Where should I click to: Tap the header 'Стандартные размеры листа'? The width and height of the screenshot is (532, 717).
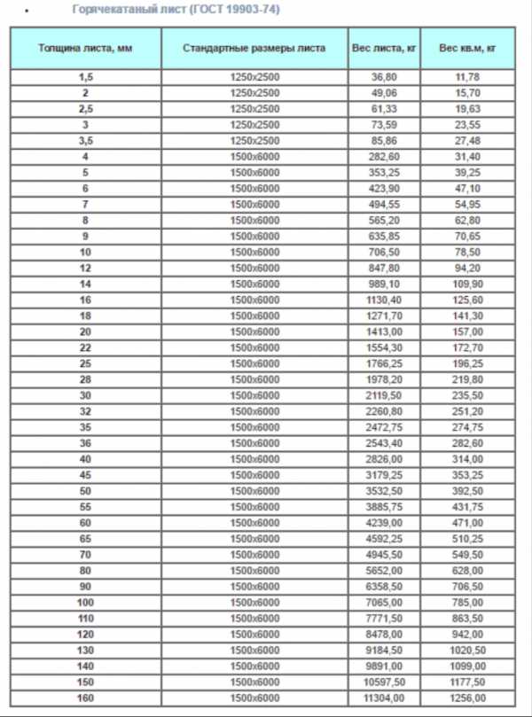pyautogui.click(x=254, y=48)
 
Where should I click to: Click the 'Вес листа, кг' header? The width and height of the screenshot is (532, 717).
pyautogui.click(x=384, y=48)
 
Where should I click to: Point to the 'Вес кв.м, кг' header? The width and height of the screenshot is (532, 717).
pyautogui.click(x=466, y=48)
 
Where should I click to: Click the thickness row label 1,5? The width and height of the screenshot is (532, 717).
pyautogui.click(x=85, y=77)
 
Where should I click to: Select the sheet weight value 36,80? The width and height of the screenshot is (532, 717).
pyautogui.click(x=384, y=77)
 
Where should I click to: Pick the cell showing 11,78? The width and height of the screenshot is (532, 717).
pyautogui.click(x=466, y=77)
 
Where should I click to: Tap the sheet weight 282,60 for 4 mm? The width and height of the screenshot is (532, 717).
pyautogui.click(x=384, y=157)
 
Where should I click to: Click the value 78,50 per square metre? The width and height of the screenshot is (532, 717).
pyautogui.click(x=466, y=253)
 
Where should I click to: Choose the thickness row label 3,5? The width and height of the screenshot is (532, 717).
pyautogui.click(x=85, y=141)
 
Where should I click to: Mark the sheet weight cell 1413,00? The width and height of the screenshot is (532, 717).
pyautogui.click(x=384, y=332)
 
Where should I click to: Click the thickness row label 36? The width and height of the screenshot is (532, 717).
pyautogui.click(x=85, y=443)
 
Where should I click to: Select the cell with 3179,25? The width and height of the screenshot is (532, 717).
pyautogui.click(x=384, y=475)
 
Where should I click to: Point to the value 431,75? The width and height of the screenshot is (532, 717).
pyautogui.click(x=466, y=507)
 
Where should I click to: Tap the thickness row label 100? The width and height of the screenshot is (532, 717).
pyautogui.click(x=85, y=603)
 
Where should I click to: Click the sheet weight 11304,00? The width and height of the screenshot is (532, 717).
pyautogui.click(x=384, y=698)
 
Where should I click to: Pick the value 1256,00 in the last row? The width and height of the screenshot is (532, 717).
pyautogui.click(x=466, y=698)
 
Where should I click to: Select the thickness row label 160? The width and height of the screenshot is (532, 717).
pyautogui.click(x=85, y=698)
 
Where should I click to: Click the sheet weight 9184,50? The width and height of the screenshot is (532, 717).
pyautogui.click(x=384, y=651)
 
